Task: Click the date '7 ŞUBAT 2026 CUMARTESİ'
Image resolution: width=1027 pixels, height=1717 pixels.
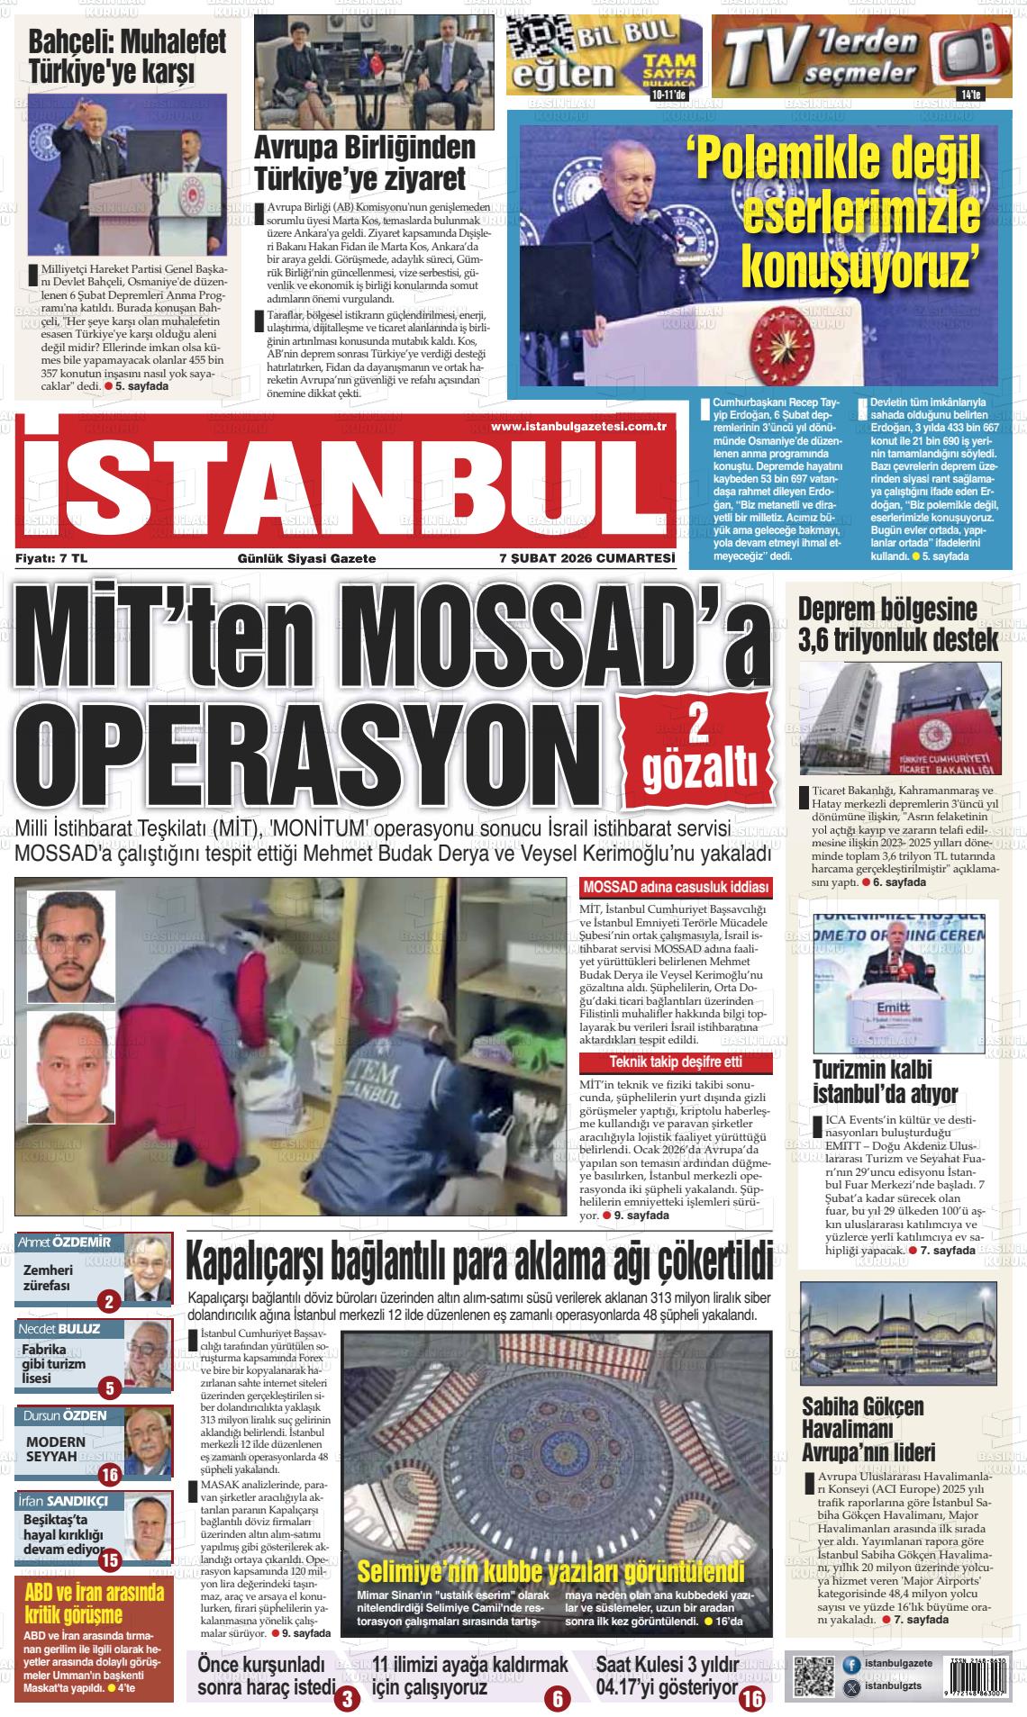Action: pyautogui.click(x=586, y=558)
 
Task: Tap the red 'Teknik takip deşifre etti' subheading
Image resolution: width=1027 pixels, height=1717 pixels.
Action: pyautogui.click(x=676, y=1062)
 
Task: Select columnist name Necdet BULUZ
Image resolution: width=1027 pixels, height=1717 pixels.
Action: pyautogui.click(x=59, y=1328)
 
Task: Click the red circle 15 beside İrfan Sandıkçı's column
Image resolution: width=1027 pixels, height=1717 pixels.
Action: pyautogui.click(x=110, y=1560)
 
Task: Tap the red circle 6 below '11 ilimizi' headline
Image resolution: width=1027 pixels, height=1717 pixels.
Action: pyautogui.click(x=557, y=1700)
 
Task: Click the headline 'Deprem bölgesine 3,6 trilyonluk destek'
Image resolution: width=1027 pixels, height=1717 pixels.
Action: pyautogui.click(x=898, y=624)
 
